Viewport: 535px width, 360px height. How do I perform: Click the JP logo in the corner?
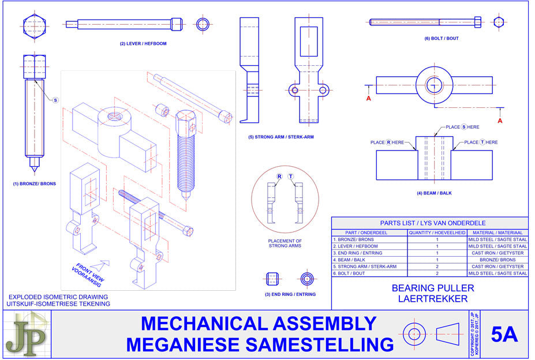click(x=26, y=334)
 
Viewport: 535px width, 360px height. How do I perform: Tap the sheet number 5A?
click(x=504, y=335)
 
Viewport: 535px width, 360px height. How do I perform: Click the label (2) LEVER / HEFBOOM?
click(x=143, y=44)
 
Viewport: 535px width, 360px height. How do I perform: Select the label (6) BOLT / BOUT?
click(x=442, y=39)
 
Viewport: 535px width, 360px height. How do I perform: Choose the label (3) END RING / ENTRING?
click(x=290, y=295)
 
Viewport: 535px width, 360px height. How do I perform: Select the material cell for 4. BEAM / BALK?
click(x=497, y=260)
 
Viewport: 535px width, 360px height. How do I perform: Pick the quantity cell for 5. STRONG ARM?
click(x=436, y=267)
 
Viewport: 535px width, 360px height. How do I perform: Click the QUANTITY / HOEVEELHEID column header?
click(x=436, y=232)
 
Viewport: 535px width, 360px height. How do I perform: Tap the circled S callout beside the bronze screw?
click(x=55, y=100)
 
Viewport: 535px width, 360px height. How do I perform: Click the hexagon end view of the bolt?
click(x=499, y=22)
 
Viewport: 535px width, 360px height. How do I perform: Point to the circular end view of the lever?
click(x=203, y=24)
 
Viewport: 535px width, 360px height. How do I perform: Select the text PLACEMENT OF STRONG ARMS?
click(x=285, y=243)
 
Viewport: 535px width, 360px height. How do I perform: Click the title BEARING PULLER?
click(x=433, y=288)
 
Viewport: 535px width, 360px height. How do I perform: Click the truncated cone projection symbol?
click(x=451, y=334)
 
